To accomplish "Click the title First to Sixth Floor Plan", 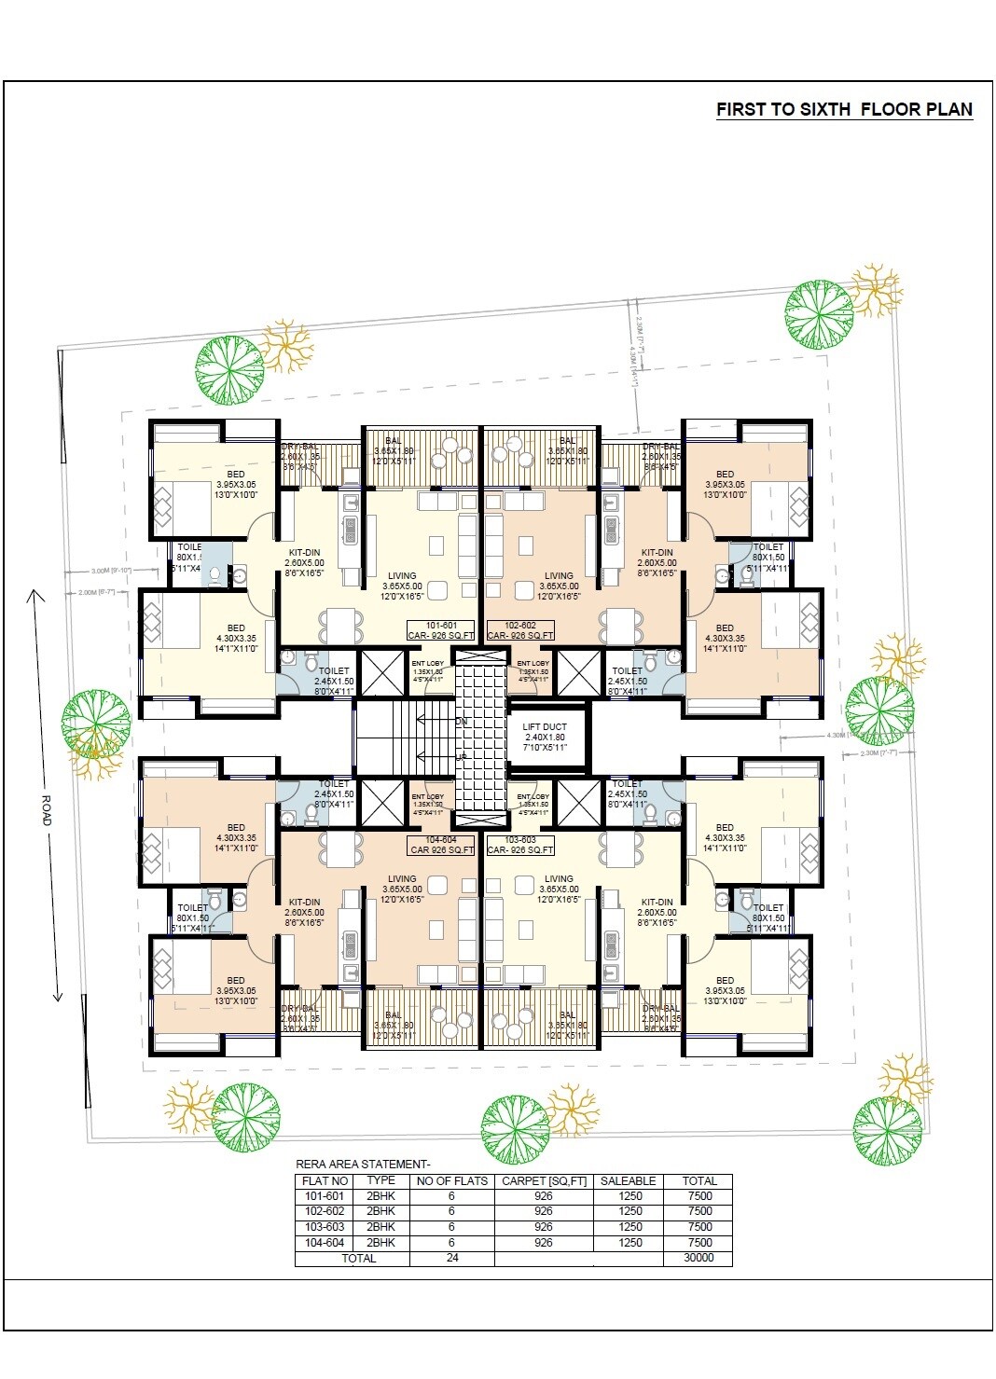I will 844,109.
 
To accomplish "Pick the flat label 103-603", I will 520,845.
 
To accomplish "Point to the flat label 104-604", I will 441,845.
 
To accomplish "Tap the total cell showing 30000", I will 698,1258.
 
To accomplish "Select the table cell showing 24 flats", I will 451,1258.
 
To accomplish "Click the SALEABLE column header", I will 628,1180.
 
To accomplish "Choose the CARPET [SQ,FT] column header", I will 544,1180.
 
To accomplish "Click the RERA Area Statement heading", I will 363,1164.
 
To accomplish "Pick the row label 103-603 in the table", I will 325,1227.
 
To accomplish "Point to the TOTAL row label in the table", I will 358,1258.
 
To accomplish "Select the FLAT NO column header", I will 325,1180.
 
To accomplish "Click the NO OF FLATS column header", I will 451,1180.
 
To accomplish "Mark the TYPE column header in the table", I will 380,1180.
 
